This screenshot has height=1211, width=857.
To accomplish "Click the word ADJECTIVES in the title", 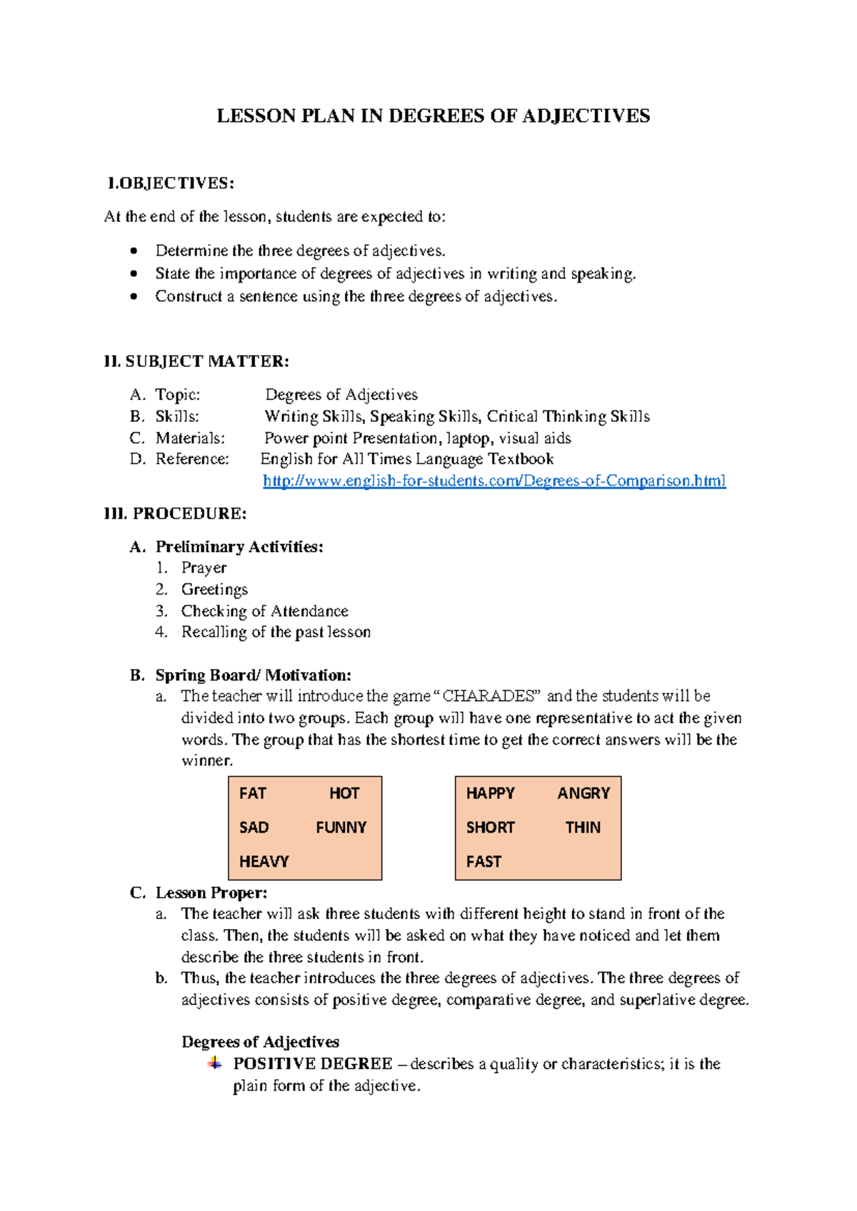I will [586, 116].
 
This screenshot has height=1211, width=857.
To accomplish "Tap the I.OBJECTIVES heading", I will [171, 184].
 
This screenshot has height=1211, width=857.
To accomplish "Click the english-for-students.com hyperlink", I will [494, 481].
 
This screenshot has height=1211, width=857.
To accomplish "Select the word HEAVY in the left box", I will [264, 862].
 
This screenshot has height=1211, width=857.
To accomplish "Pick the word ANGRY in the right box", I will [583, 793].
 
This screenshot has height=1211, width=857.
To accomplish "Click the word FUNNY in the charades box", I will [341, 828].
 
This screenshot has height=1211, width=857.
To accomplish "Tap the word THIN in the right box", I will [583, 828].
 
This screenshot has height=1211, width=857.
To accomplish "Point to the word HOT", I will [344, 793].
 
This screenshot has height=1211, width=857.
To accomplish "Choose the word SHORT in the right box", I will [490, 828].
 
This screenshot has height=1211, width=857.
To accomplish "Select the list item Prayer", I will [204, 568].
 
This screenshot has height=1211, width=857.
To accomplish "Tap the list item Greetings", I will [214, 590].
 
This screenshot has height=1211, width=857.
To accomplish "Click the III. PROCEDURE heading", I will [176, 514].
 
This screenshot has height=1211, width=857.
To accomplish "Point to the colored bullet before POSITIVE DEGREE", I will [214, 1064].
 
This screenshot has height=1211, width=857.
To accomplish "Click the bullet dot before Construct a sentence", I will [134, 296].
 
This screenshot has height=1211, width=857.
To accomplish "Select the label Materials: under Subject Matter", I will [190, 438].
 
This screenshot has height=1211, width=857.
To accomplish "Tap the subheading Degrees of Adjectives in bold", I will [260, 1042].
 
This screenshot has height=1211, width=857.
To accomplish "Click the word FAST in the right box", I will [483, 862].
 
